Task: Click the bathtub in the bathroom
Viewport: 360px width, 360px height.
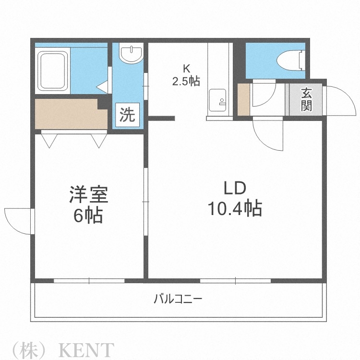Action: pyautogui.click(x=53, y=70)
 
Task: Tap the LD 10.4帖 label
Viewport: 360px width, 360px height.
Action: pyautogui.click(x=234, y=198)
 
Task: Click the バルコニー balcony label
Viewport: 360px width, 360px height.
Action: pyautogui.click(x=178, y=300)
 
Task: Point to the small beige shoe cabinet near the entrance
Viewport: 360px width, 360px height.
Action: pyautogui.click(x=243, y=100)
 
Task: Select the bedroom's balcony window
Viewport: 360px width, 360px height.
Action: pyautogui.click(x=89, y=280)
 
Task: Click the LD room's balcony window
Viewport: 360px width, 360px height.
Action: pyautogui.click(x=236, y=280)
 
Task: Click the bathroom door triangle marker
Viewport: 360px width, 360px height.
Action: pyautogui.click(x=103, y=86)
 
